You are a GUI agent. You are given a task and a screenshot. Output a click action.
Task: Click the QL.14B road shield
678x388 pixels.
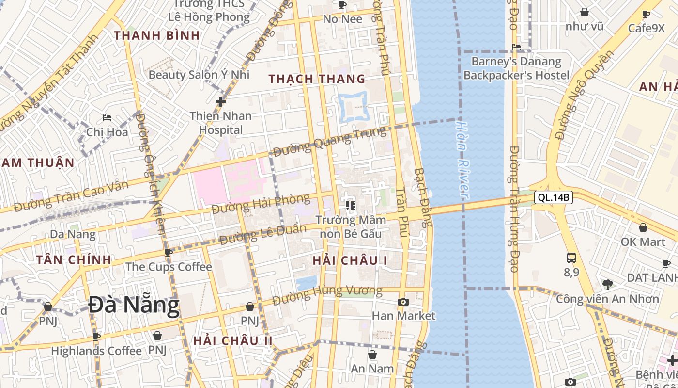click(554, 197)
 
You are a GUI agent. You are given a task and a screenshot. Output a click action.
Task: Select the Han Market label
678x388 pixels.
click(403, 316)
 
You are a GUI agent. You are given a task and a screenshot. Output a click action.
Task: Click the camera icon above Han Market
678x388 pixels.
click(403, 302)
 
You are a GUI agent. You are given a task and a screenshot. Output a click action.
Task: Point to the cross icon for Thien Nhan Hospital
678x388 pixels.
click(221, 102)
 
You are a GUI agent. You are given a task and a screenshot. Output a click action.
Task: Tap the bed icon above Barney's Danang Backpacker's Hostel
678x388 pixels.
click(516, 47)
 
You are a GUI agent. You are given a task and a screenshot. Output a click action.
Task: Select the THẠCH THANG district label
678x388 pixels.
click(317, 79)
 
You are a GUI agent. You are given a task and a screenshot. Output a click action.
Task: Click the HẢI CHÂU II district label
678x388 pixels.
click(233, 340)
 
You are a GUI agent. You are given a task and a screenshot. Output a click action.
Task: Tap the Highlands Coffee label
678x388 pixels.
click(96, 350)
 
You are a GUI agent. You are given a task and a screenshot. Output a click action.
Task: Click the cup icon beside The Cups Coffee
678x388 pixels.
click(168, 253)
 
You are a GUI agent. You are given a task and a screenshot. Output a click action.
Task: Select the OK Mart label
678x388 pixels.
click(643, 241)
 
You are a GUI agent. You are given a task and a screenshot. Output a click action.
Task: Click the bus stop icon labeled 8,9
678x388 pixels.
click(571, 258)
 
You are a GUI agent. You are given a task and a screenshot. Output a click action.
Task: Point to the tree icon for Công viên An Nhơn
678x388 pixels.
click(608, 284)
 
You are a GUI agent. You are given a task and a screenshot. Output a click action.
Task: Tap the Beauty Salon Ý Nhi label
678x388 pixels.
click(199, 74)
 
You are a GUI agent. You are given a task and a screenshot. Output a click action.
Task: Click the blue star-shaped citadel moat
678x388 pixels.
click(354, 107)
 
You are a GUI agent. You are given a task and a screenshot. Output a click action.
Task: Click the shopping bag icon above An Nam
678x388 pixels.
click(372, 355)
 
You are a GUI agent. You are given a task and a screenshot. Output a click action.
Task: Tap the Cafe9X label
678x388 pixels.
click(647, 28)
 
